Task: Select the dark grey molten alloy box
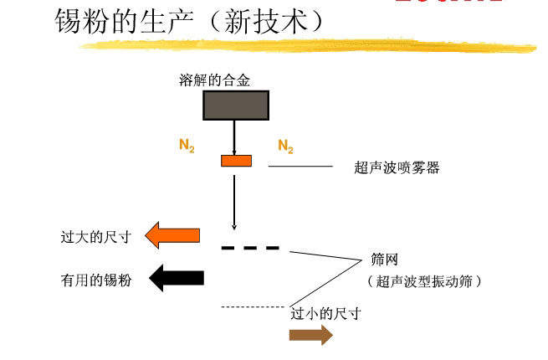click(x=236, y=105)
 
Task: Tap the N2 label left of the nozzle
click(x=187, y=146)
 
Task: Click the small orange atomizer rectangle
click(x=236, y=160)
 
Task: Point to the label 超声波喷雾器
click(x=397, y=167)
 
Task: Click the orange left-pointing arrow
click(x=173, y=236)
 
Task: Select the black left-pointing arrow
click(x=176, y=278)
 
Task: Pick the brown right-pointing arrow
click(x=310, y=336)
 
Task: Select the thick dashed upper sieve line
click(x=250, y=248)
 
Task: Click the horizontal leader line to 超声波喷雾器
click(x=300, y=167)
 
